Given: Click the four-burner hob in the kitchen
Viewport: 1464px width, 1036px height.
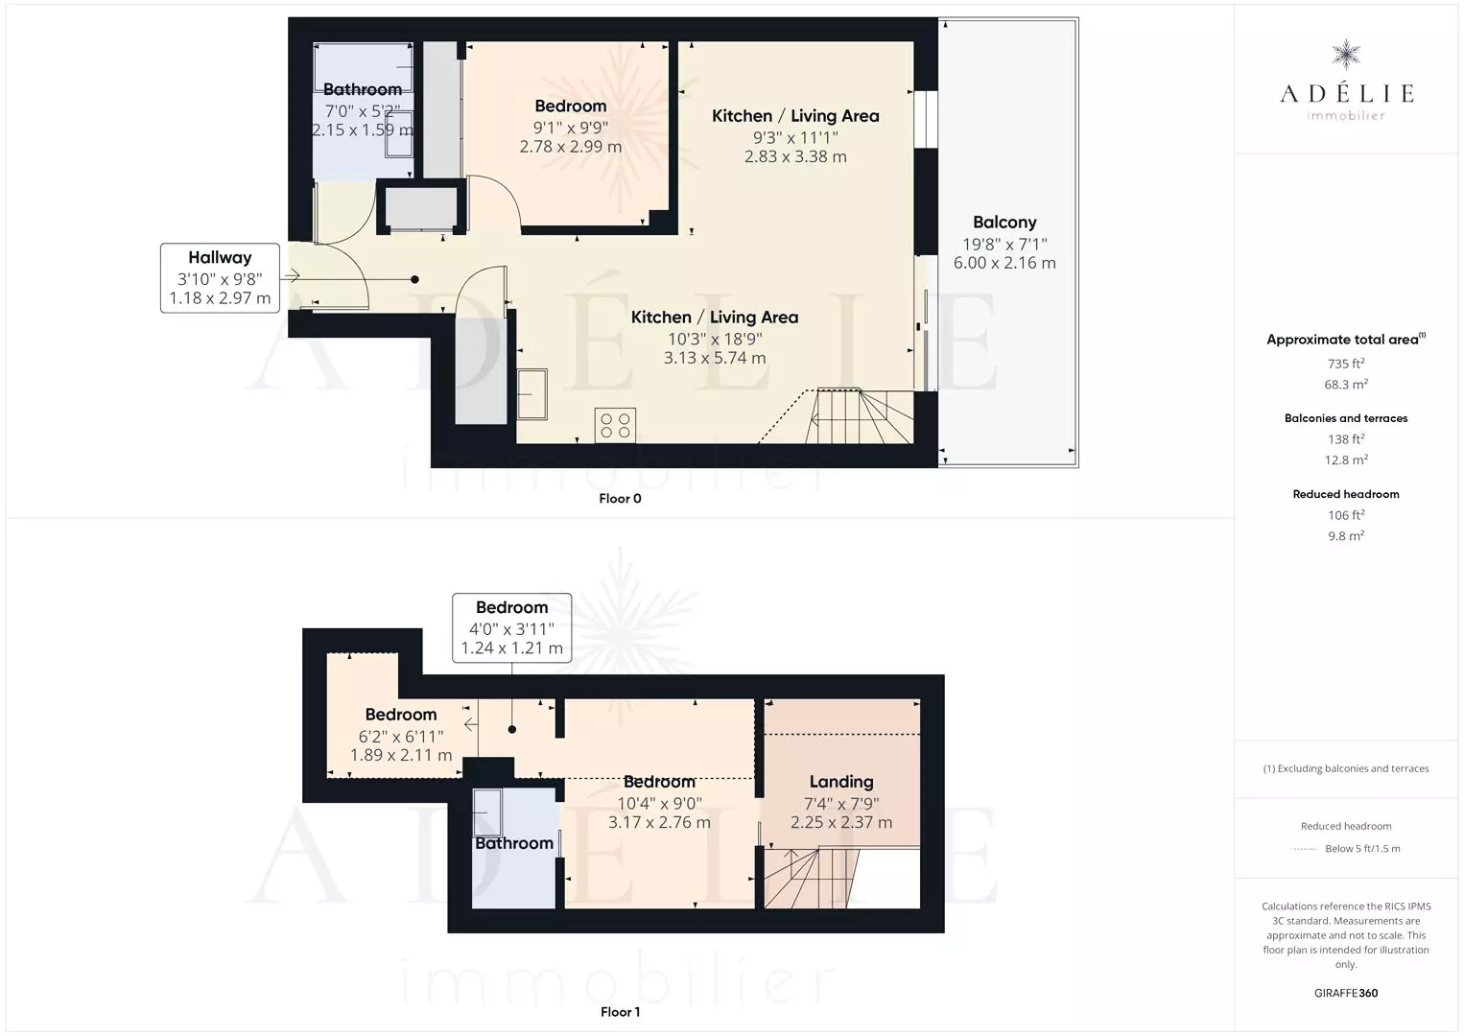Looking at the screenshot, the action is (x=615, y=425).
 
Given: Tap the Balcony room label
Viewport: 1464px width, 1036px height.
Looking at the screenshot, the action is (x=1004, y=223).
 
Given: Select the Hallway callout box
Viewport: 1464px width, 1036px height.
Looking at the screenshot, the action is (x=221, y=278).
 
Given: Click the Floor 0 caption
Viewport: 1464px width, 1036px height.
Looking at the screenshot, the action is (x=621, y=499).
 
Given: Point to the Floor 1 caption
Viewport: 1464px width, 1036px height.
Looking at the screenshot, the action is (x=621, y=1012).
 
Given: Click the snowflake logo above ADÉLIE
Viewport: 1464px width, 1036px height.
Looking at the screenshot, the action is (x=1346, y=55).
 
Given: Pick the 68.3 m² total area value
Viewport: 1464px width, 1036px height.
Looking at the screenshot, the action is (x=1346, y=385).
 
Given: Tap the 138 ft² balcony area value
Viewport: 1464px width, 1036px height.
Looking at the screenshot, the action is (x=1346, y=439).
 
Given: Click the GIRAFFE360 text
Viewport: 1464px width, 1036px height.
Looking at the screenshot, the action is (x=1346, y=993).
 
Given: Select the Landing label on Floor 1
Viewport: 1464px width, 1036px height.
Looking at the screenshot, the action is (x=841, y=782).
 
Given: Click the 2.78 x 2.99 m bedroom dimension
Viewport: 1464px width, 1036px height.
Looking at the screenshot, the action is (x=571, y=147).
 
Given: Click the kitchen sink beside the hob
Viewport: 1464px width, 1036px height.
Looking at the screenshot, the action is (x=532, y=394).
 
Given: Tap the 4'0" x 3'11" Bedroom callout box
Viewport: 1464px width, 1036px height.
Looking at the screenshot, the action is (x=511, y=627).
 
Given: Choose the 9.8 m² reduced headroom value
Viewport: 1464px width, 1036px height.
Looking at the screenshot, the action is (x=1346, y=536).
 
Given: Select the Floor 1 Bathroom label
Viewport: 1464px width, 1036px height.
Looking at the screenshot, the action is (x=514, y=843).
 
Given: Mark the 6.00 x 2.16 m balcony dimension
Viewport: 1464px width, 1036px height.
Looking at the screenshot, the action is (x=1004, y=263).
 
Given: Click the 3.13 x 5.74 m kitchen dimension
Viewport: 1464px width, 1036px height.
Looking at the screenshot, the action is (x=715, y=358).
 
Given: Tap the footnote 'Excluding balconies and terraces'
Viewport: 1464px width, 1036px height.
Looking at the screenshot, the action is (x=1346, y=768).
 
